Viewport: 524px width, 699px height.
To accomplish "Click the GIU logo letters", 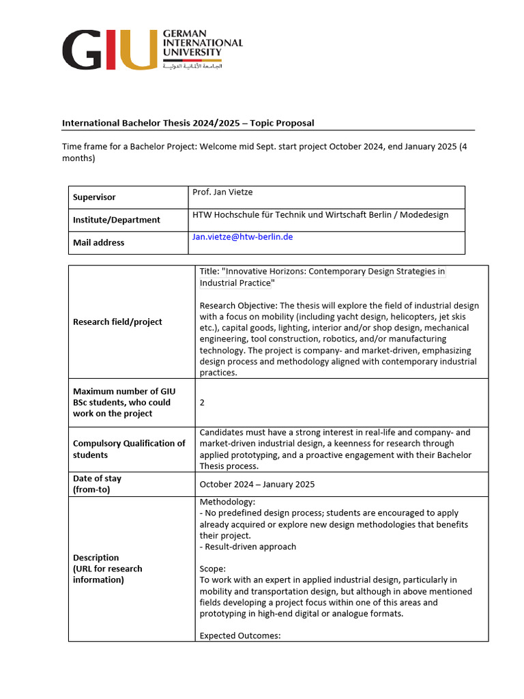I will (109, 50).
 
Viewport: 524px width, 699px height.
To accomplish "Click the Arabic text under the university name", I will (192, 66).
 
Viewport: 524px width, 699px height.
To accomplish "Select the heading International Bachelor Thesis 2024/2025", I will (188, 123).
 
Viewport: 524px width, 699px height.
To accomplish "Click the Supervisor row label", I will (94, 197).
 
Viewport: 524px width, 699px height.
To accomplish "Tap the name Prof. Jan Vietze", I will (222, 192).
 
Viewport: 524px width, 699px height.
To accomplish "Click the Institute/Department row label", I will (117, 220).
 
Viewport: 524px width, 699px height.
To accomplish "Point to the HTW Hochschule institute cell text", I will (321, 214).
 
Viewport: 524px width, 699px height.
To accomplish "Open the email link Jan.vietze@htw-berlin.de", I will (242, 237).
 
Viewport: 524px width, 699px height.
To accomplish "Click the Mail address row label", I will (99, 242).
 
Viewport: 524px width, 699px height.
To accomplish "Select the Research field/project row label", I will (117, 322).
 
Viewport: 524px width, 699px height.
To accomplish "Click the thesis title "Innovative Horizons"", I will (322, 276).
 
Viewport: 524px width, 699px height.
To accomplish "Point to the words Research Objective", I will (238, 305).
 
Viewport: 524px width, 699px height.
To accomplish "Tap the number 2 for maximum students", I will (202, 403).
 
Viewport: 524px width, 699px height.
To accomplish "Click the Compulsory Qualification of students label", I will (129, 448).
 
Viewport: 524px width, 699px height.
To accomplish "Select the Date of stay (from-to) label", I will (97, 484).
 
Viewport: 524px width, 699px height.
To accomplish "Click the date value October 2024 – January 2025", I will (257, 485).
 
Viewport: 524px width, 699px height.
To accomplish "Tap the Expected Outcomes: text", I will (240, 636).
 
